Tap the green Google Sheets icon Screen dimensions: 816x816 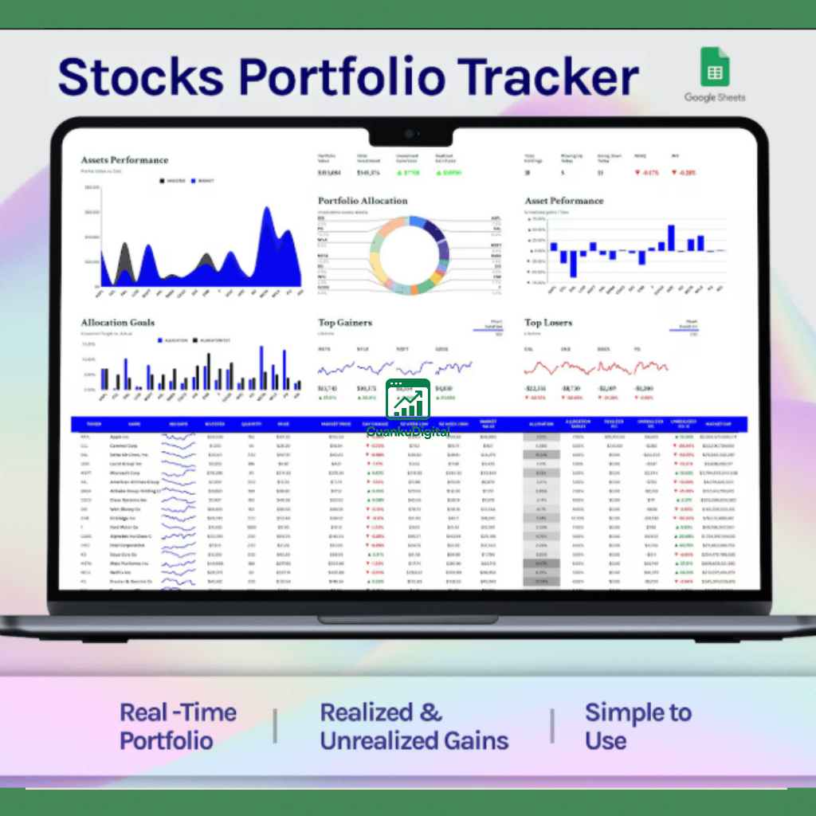pyautogui.click(x=715, y=67)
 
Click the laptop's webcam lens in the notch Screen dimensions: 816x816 pyautogui.click(x=408, y=134)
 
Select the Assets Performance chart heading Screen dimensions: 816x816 pyautogui.click(x=124, y=160)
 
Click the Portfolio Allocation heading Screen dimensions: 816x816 pyautogui.click(x=363, y=201)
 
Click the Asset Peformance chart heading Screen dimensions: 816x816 pyautogui.click(x=564, y=201)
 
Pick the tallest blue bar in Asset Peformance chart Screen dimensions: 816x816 pyautogui.click(x=671, y=237)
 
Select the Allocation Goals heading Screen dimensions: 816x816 pyautogui.click(x=117, y=323)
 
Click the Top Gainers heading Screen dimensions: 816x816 pyautogui.click(x=345, y=323)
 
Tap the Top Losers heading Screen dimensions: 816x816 pyautogui.click(x=548, y=323)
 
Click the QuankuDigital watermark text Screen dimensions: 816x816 pyautogui.click(x=408, y=431)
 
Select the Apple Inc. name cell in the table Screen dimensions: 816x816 pyautogui.click(x=120, y=437)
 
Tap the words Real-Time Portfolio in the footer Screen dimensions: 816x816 pyautogui.click(x=178, y=726)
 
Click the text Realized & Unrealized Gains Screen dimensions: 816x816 pyautogui.click(x=414, y=726)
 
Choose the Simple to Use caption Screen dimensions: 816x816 pyautogui.click(x=637, y=726)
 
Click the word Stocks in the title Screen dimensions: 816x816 pyautogui.click(x=140, y=77)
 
